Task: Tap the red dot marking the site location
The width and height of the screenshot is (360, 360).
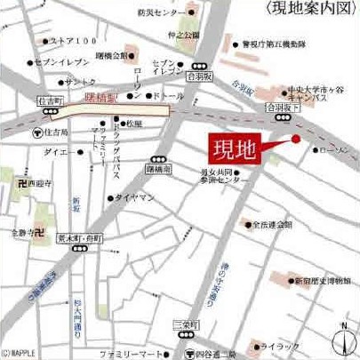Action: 296,139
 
